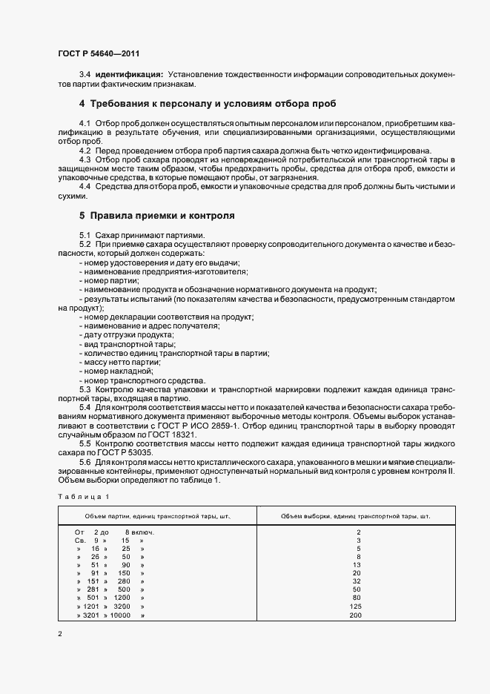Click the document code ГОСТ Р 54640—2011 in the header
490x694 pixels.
pos(98,54)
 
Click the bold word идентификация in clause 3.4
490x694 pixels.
pos(128,75)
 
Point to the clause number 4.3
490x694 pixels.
pos(85,160)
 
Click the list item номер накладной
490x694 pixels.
pos(117,370)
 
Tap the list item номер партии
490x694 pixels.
pos(110,282)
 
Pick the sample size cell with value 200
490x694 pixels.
pos(357,615)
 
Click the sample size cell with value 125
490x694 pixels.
pos(357,607)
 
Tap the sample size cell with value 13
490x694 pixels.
pos(357,565)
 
